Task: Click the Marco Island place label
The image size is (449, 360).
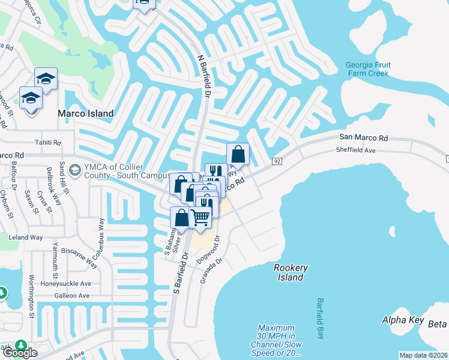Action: pos(85,113)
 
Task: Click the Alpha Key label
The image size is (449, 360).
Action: pos(403,320)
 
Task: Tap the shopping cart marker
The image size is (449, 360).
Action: pos(200,217)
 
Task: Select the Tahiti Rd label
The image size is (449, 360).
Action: pos(49,143)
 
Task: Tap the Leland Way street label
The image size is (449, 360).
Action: pos(26,238)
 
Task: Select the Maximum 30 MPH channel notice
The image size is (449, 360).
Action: pos(277,340)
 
